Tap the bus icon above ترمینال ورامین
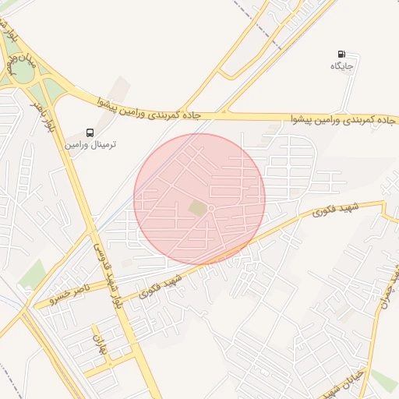point(90,132)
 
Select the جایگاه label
point(342,67)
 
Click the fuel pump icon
point(341,55)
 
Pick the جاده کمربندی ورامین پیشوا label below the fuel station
point(343,120)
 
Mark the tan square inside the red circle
point(199,208)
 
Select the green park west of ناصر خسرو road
point(33,274)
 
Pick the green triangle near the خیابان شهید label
point(383,380)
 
